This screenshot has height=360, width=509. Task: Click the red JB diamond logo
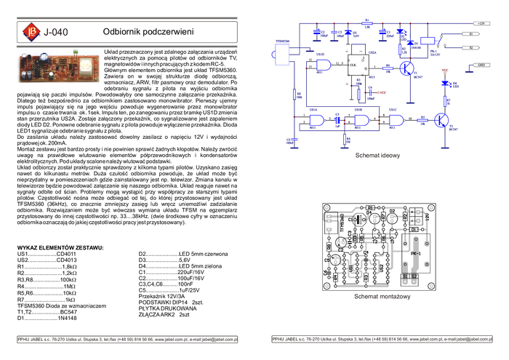31,31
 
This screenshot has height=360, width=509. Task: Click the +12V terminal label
483,23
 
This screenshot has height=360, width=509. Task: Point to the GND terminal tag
481,65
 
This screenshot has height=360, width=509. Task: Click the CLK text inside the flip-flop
353,65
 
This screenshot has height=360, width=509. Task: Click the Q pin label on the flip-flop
363,58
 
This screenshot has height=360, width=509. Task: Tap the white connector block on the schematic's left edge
281,53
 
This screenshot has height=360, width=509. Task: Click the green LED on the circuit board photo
75,53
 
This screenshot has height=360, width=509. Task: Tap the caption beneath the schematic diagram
377,156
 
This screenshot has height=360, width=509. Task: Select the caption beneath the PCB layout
382,297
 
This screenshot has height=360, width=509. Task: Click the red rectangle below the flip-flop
382,93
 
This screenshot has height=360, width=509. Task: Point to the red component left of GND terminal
446,70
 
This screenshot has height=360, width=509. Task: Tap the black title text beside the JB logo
57,32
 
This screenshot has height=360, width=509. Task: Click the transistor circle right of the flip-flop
406,68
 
